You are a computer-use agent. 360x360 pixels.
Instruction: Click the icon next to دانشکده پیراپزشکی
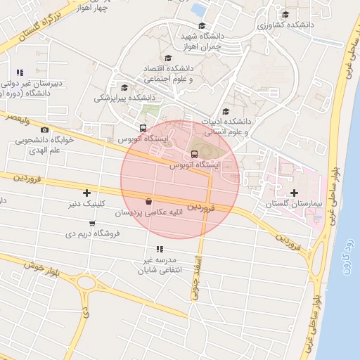point(124,88)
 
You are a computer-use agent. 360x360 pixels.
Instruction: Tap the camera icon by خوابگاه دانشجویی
point(45,130)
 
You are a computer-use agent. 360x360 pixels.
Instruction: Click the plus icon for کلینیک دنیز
point(87,193)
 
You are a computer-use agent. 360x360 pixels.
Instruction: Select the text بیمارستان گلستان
point(293,203)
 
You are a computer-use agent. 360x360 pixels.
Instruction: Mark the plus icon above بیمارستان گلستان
point(293,193)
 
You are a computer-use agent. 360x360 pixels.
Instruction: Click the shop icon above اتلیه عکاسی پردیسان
point(148,200)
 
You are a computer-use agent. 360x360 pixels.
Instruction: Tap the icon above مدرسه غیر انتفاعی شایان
point(160,249)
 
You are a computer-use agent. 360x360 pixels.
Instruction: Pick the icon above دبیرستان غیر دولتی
point(20,72)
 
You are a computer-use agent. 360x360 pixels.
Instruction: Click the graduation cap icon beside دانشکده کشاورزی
point(285,14)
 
